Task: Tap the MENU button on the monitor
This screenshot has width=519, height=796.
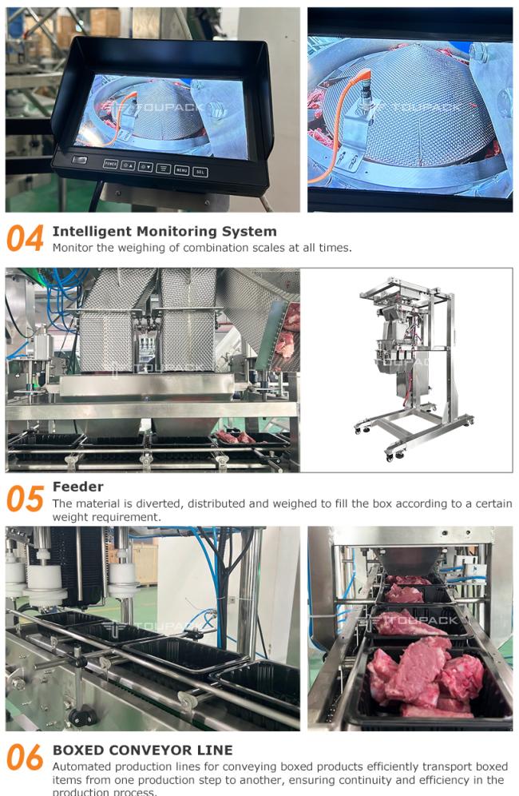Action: click(181, 170)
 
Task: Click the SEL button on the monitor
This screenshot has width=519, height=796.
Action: click(200, 172)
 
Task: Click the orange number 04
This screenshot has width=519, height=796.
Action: click(25, 239)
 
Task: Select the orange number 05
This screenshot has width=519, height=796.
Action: click(25, 499)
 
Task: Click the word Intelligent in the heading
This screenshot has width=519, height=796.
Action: click(89, 232)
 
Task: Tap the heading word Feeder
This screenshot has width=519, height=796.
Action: click(77, 487)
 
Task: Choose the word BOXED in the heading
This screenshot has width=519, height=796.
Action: click(77, 750)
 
